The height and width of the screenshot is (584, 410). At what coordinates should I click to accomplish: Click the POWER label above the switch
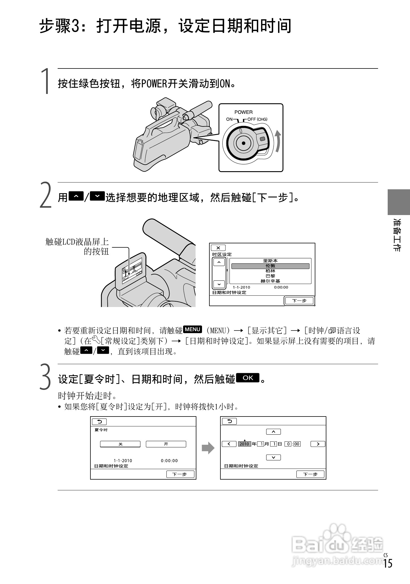[243, 112]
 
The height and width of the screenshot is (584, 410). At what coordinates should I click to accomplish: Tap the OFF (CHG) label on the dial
[257, 119]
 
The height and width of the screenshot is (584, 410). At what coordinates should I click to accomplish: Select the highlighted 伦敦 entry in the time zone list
[270, 266]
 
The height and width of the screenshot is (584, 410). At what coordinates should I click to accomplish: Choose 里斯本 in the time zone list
[270, 261]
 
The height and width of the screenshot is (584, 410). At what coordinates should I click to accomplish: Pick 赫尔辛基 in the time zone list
[270, 281]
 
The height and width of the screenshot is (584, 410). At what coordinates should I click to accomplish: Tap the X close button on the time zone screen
[218, 248]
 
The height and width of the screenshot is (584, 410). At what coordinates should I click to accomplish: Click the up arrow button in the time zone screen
[219, 262]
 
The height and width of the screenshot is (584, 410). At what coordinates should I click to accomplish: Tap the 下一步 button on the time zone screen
[299, 301]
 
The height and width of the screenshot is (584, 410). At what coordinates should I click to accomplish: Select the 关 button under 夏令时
[120, 444]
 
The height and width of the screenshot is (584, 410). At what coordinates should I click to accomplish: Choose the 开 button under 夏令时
[166, 444]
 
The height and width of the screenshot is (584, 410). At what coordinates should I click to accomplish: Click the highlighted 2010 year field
[244, 444]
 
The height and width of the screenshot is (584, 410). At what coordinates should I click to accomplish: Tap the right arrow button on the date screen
[318, 444]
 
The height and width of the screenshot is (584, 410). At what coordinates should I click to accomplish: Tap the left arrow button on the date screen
[229, 444]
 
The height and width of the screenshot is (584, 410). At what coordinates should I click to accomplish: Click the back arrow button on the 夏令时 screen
[99, 422]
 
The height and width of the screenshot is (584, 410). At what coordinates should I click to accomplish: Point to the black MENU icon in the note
[192, 329]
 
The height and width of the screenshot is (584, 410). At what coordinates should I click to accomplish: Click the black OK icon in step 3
[248, 378]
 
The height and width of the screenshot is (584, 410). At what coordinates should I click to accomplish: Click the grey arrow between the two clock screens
[208, 448]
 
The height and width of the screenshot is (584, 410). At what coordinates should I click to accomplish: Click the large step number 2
[45, 196]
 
